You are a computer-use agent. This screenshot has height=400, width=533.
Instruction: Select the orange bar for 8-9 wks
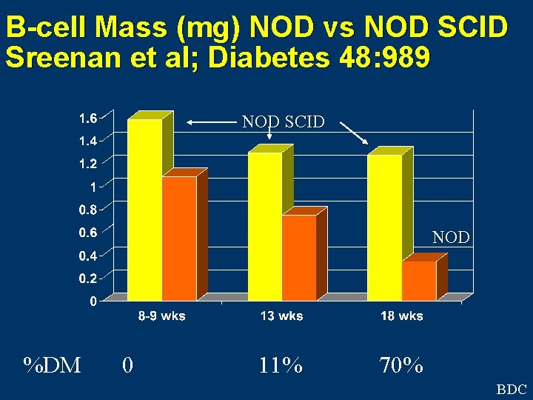pos(180,239)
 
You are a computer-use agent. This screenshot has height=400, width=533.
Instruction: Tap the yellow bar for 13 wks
pos(264,226)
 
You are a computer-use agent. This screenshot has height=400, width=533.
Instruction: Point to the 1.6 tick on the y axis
pos(87,117)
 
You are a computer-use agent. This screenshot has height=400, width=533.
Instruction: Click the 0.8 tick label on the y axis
pos(87,210)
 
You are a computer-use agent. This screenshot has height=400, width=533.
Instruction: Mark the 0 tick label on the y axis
pos(92,301)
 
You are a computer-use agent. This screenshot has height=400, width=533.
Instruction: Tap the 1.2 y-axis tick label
pos(87,163)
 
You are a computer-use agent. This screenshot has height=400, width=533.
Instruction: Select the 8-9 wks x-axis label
pos(162,316)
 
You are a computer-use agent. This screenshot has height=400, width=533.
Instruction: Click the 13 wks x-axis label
pos(281,316)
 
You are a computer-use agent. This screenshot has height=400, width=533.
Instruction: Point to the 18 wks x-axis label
pos(402,316)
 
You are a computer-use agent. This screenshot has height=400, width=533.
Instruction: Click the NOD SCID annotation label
pos(284,122)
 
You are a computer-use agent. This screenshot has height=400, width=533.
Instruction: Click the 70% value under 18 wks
pos(401,365)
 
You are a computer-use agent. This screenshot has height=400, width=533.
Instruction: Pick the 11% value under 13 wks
pos(281,365)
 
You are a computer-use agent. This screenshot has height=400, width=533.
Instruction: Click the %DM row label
pos(52,365)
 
